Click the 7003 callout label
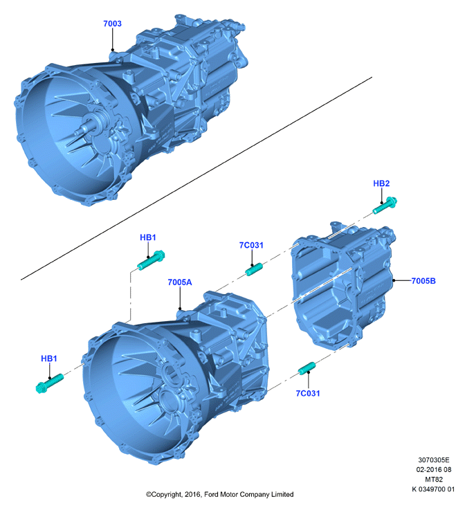tap(112, 24)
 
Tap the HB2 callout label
tap(381, 183)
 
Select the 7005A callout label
tap(180, 282)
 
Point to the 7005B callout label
tap(423, 281)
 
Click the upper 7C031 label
tap(251, 245)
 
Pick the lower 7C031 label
tap(308, 393)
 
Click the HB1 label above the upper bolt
tap(148, 237)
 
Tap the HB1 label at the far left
tap(49, 359)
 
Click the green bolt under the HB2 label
tap(385, 206)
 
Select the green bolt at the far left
tap(49, 383)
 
